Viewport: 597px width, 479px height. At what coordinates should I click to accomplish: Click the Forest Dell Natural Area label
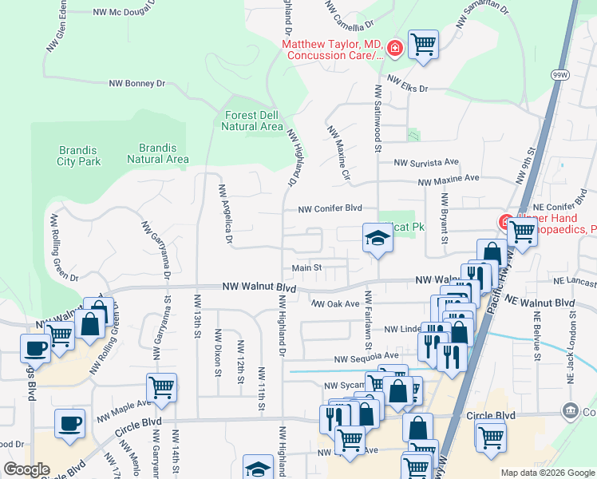(251, 121)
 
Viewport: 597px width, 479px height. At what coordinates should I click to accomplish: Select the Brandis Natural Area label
(158, 153)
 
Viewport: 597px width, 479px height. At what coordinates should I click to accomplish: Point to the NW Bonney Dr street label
(136, 83)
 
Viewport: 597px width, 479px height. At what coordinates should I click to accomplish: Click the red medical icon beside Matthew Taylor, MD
(393, 49)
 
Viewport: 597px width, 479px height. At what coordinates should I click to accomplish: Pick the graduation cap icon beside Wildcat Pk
(378, 236)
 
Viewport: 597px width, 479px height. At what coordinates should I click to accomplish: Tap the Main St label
(306, 268)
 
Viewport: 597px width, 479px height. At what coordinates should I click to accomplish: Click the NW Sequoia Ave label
(366, 358)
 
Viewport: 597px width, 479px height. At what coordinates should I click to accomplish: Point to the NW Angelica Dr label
(225, 213)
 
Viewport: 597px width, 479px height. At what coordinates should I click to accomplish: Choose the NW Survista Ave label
(425, 162)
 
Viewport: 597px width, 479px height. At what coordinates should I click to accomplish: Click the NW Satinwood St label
(376, 116)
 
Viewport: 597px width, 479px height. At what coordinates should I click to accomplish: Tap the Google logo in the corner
(26, 469)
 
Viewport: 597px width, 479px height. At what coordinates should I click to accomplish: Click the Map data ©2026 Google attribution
(547, 473)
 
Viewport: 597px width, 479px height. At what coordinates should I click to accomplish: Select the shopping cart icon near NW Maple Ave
(161, 386)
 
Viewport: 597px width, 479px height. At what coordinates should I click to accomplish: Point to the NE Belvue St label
(536, 335)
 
